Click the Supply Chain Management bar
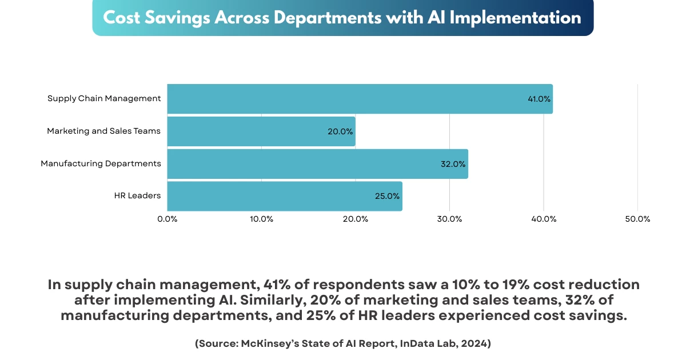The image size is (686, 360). (x=360, y=99)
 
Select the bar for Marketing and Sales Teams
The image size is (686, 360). (x=261, y=131)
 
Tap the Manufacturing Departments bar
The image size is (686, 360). (x=317, y=164)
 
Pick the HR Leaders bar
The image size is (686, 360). (x=285, y=197)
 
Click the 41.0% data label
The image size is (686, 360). (x=539, y=99)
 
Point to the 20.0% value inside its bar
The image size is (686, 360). (x=340, y=131)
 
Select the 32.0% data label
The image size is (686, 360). (x=453, y=164)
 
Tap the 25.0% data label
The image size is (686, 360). (x=387, y=197)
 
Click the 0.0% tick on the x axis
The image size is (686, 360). (x=167, y=219)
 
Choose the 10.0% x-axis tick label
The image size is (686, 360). (x=261, y=219)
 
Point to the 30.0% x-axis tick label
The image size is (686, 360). (x=449, y=219)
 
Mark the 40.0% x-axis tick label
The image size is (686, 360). (x=544, y=219)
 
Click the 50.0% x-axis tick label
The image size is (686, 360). (x=637, y=219)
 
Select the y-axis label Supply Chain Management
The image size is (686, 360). (x=104, y=98)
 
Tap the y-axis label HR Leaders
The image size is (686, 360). (x=137, y=196)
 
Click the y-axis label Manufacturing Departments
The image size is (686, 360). (x=101, y=163)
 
